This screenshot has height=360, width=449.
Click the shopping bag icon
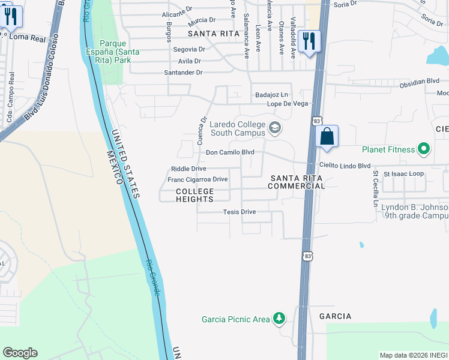[327, 137]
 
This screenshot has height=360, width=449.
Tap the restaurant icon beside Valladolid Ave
[309, 41]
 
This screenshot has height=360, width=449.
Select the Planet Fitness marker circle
[424, 149]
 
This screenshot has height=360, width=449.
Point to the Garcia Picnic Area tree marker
[279, 319]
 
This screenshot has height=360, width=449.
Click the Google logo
[20, 353]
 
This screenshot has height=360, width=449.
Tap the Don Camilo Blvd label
[231, 152]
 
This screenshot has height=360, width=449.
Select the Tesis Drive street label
[240, 212]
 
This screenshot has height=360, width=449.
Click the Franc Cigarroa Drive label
[197, 179]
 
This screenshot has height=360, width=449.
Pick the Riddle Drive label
[188, 169]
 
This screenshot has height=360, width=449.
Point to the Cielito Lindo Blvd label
[345, 165]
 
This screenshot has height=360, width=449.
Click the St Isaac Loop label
[403, 174]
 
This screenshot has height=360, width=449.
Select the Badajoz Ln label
[272, 94]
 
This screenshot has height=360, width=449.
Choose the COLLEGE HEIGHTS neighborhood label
[194, 195]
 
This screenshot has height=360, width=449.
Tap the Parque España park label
[119, 52]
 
